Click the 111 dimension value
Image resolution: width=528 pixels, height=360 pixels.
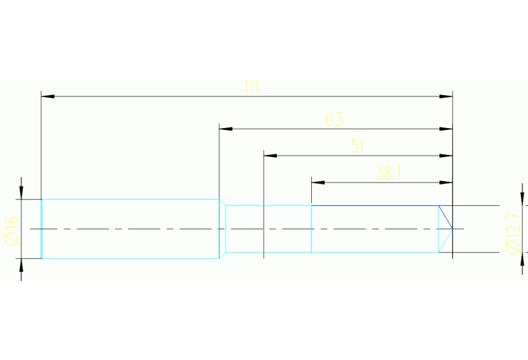(x=251, y=87)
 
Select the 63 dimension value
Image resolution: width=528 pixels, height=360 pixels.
(x=334, y=120)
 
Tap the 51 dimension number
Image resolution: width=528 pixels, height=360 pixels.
(x=357, y=146)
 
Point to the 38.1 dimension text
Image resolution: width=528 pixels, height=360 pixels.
(x=389, y=173)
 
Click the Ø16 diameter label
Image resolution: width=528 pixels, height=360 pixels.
(x=11, y=229)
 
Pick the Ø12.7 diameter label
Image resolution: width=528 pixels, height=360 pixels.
(x=512, y=233)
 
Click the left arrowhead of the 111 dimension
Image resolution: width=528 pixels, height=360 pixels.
(x=47, y=96)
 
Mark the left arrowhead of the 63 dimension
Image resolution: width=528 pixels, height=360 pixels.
(x=224, y=129)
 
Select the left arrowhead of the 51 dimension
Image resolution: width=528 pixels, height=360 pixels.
(x=269, y=156)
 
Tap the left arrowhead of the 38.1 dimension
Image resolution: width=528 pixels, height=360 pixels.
(x=317, y=182)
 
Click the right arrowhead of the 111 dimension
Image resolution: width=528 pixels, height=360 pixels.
(x=447, y=96)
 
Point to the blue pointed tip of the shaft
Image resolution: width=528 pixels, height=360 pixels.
(x=450, y=228)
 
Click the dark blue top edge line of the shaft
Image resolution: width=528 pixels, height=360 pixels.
(x=375, y=205)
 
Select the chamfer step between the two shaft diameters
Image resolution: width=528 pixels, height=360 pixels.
(x=222, y=229)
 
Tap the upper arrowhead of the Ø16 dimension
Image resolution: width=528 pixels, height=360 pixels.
(x=21, y=193)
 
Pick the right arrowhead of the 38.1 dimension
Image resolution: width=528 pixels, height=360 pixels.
(x=447, y=182)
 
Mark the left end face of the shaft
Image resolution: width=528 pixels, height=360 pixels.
(x=42, y=229)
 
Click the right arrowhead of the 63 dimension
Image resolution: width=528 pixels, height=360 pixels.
(x=447, y=129)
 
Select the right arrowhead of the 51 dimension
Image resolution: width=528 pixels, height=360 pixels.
(x=447, y=156)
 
